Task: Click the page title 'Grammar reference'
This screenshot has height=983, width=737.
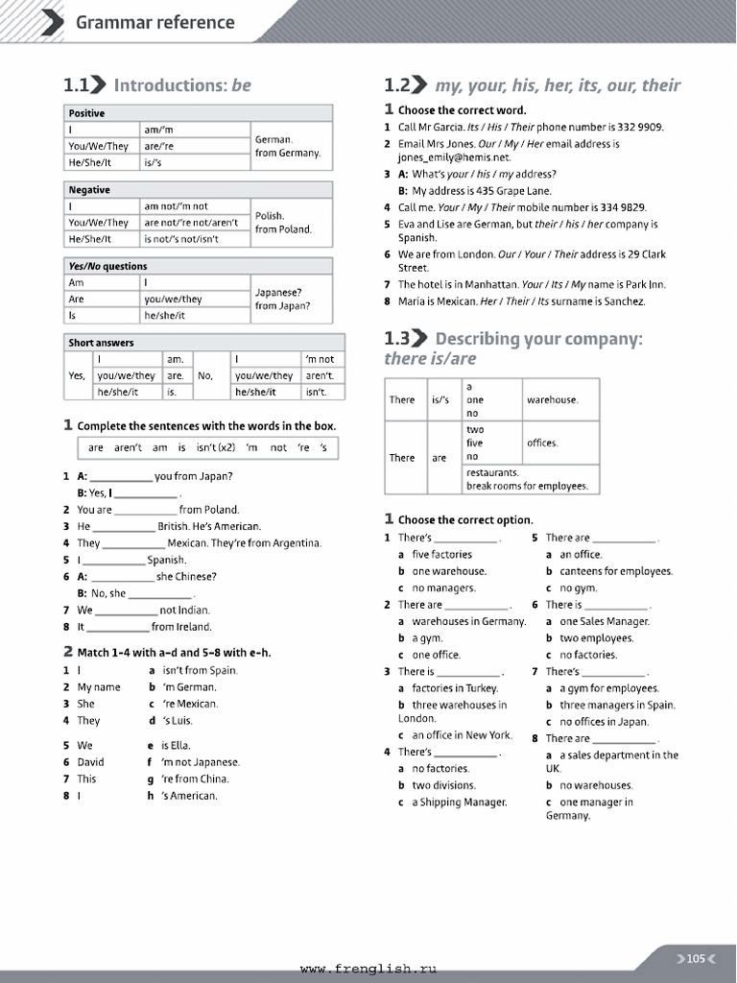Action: tap(155, 22)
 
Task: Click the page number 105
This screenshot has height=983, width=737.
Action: tap(696, 958)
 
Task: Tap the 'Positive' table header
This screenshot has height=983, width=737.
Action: tap(87, 113)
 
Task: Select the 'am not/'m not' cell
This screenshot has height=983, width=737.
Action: tap(176, 206)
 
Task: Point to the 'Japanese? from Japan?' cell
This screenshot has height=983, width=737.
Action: tap(283, 299)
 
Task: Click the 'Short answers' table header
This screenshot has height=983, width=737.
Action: tap(101, 343)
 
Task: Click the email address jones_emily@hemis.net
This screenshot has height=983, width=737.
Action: tap(454, 157)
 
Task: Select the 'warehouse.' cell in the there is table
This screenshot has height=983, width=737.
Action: tap(552, 399)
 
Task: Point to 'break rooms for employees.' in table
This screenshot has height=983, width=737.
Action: tap(526, 486)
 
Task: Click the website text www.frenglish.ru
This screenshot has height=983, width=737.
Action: tap(368, 970)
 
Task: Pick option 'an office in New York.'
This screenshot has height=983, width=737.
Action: tap(462, 735)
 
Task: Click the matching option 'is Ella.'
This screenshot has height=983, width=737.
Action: tap(176, 745)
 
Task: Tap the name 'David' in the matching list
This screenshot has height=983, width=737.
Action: tap(91, 762)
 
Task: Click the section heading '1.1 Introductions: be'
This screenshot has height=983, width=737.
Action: tap(157, 85)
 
